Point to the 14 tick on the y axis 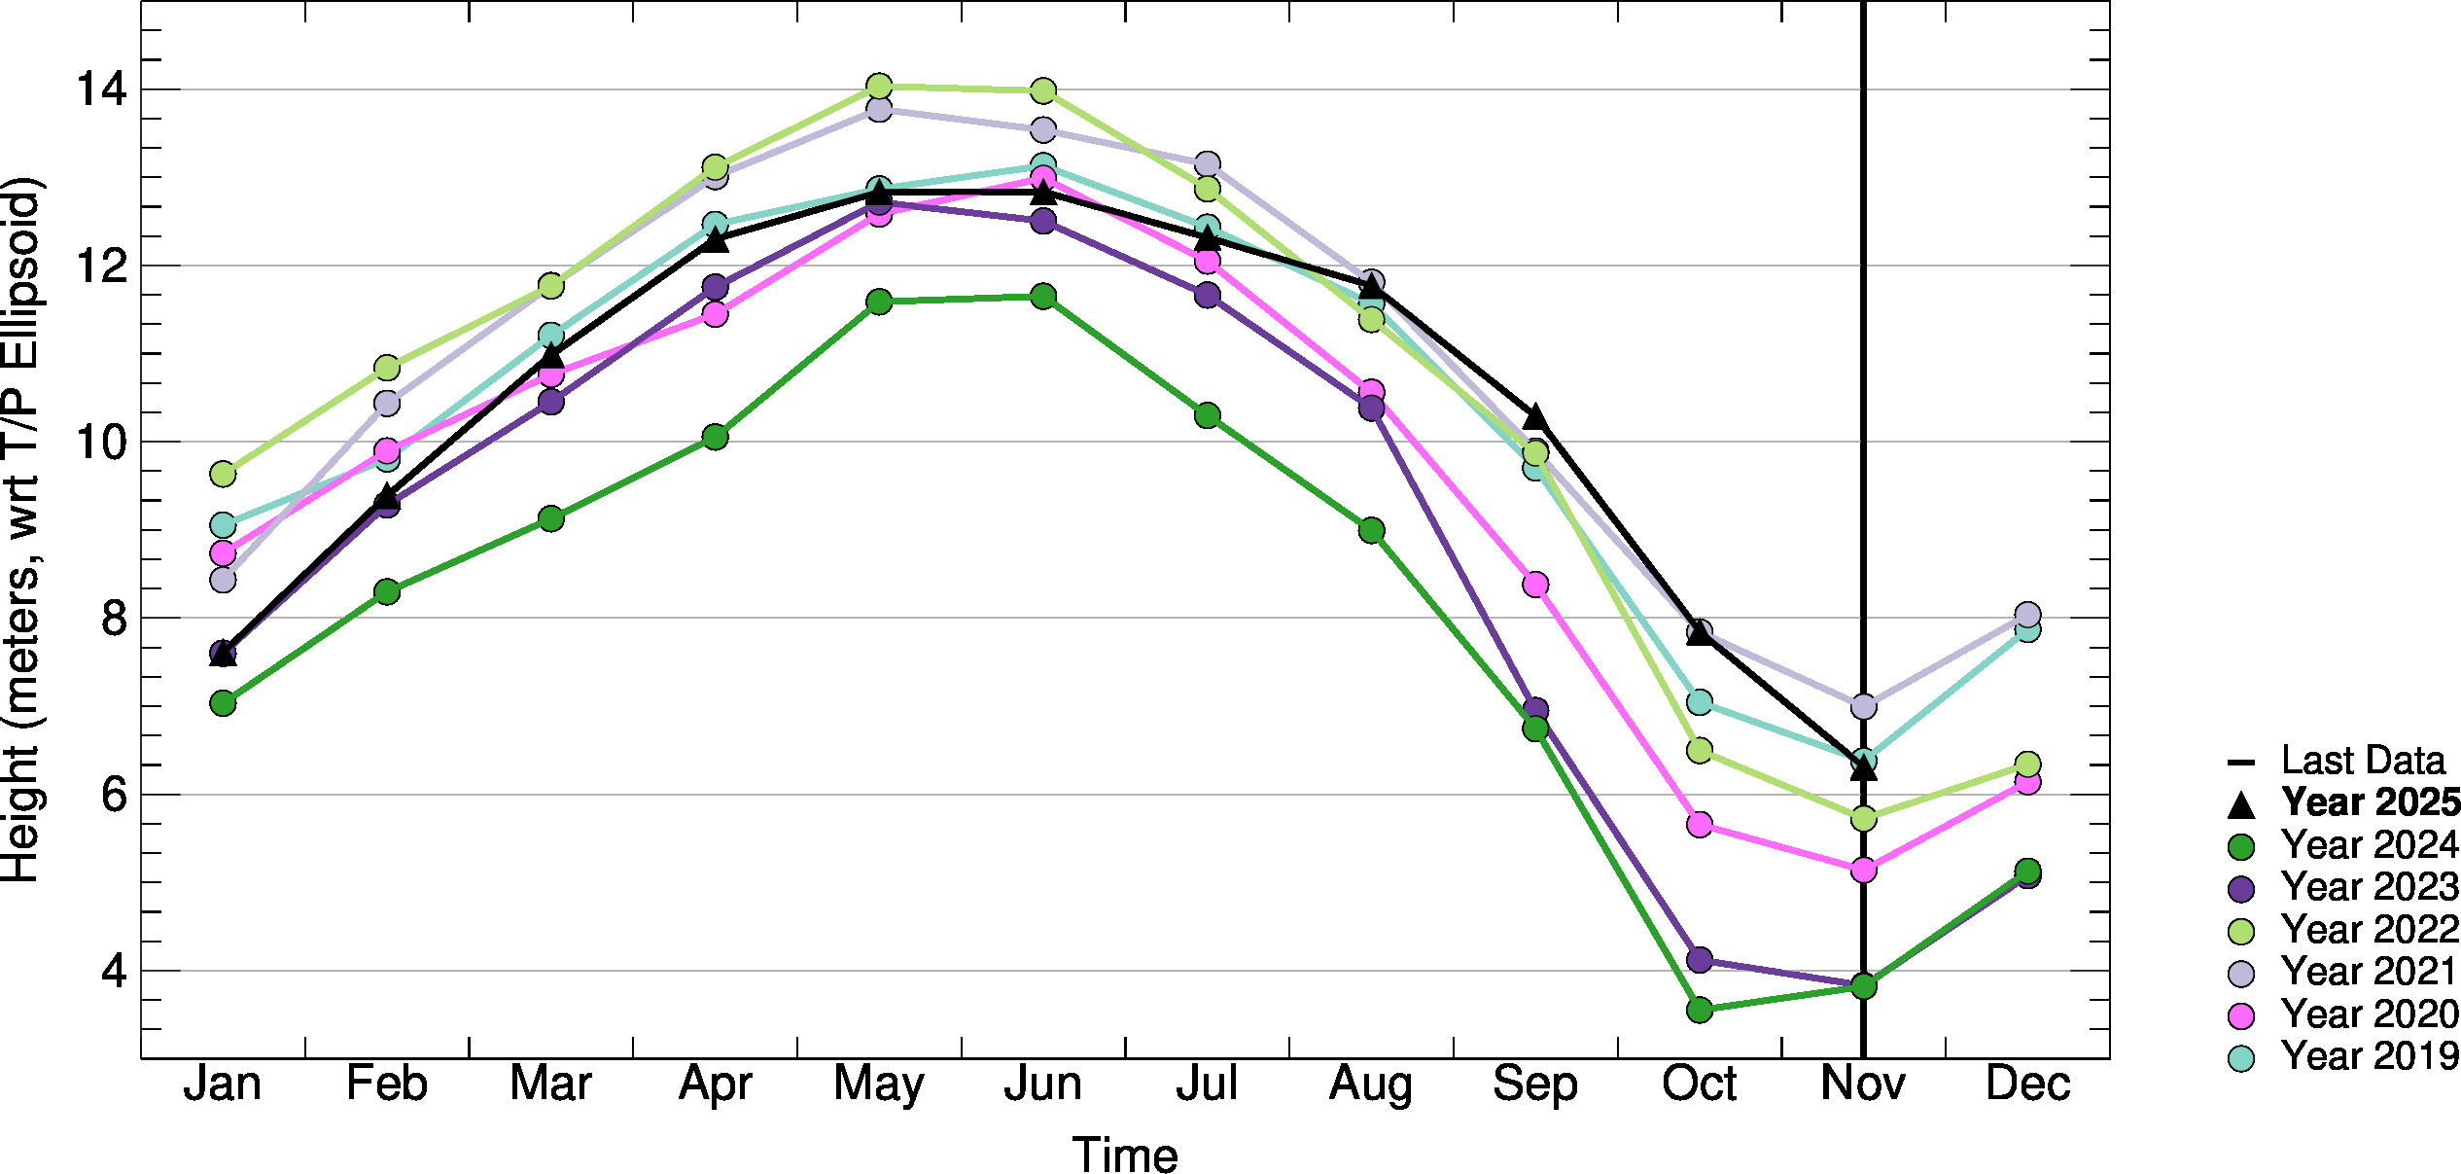click(x=101, y=89)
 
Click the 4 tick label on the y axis click(x=114, y=971)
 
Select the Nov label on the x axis click(x=1862, y=1084)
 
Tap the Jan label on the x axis click(x=223, y=1084)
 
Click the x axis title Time click(x=1125, y=1156)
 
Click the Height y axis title click(x=21, y=530)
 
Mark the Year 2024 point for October click(x=1699, y=1010)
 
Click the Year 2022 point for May click(x=879, y=87)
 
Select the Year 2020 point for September click(x=1534, y=585)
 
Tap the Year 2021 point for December click(x=2027, y=615)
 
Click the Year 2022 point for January click(x=223, y=474)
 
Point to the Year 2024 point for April click(x=715, y=437)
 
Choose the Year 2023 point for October click(x=1699, y=960)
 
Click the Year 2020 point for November click(x=1863, y=870)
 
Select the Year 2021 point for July click(x=1207, y=163)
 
